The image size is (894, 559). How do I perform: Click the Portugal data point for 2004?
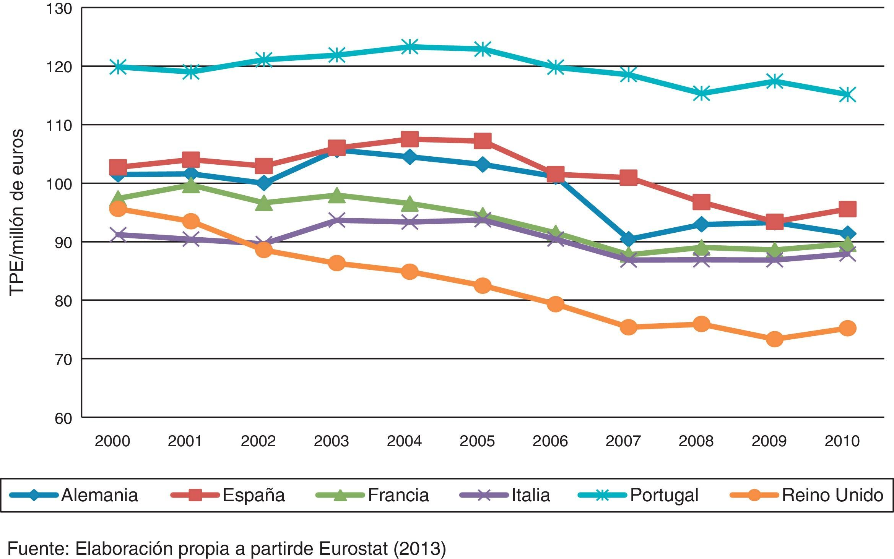410,47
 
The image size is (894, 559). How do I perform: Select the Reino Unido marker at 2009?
774,339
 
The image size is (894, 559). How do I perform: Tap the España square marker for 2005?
483,141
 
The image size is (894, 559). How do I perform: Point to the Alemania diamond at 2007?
628,239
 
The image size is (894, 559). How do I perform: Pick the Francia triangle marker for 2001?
191,186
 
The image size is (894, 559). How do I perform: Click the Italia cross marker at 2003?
336,220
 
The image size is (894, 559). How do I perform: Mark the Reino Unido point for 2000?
118,209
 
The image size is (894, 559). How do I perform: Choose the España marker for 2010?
847,209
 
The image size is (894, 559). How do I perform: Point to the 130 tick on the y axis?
59,8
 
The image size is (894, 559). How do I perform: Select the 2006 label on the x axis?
550,441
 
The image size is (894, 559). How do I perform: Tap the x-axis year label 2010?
842,441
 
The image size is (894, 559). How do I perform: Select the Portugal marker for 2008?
701,93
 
